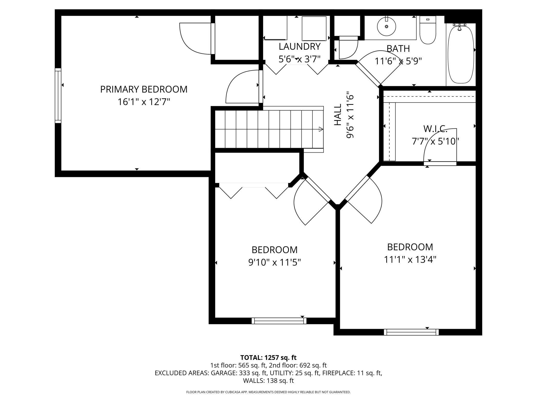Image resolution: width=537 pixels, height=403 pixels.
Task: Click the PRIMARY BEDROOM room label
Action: (144, 89)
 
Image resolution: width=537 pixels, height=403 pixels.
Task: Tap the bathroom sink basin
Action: (386, 27)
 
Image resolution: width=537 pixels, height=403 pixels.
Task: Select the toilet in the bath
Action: (428, 30)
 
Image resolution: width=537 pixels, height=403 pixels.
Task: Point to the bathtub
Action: (461, 54)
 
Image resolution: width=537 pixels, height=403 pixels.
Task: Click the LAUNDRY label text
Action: (300, 47)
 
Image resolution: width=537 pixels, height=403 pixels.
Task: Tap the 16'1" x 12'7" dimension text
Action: (144, 102)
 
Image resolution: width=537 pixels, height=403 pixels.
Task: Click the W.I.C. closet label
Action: (435, 129)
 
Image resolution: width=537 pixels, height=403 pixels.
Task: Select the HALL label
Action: (338, 115)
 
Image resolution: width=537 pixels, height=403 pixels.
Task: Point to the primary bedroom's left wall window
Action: (58, 96)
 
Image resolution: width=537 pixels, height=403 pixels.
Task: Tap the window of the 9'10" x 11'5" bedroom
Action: (279, 321)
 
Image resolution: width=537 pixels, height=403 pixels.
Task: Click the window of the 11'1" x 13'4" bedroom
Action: (411, 332)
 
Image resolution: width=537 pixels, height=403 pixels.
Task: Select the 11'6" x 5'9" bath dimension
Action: (398, 61)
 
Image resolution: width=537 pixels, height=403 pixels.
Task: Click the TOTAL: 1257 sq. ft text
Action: (268, 358)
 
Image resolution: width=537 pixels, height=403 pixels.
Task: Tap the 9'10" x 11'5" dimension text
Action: (275, 262)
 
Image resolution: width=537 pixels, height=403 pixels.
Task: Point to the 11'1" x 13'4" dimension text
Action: (410, 259)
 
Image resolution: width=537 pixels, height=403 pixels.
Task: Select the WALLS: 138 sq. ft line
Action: (268, 381)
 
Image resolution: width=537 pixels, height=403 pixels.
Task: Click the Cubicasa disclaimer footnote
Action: (268, 392)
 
